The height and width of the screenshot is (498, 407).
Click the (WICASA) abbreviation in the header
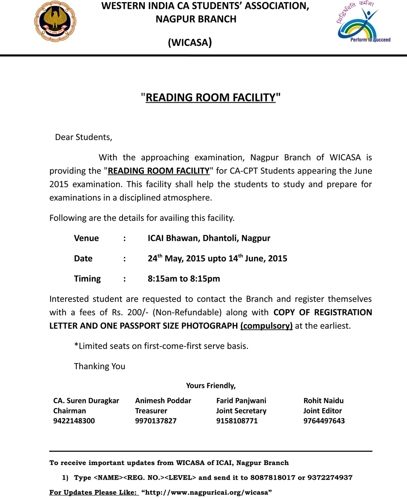point(190,43)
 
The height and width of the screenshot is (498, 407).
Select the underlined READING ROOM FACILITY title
point(210,98)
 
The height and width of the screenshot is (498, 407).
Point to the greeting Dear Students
point(84,137)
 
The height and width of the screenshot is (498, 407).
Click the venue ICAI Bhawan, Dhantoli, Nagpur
point(209,238)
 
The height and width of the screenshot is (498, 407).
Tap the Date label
point(83,258)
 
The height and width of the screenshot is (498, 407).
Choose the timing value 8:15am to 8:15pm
point(184,279)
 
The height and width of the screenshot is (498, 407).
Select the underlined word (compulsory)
point(266,326)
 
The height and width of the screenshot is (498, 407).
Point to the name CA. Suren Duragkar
point(86,401)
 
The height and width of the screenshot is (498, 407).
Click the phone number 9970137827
point(156,421)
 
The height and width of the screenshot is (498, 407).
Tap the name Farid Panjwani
point(241,401)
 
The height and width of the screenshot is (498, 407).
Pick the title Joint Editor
point(323,411)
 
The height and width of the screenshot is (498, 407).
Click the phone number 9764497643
point(324,421)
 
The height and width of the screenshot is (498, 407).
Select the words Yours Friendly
point(211,386)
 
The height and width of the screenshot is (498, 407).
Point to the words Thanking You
point(100,366)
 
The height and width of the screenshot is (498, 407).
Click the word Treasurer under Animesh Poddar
point(151,411)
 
